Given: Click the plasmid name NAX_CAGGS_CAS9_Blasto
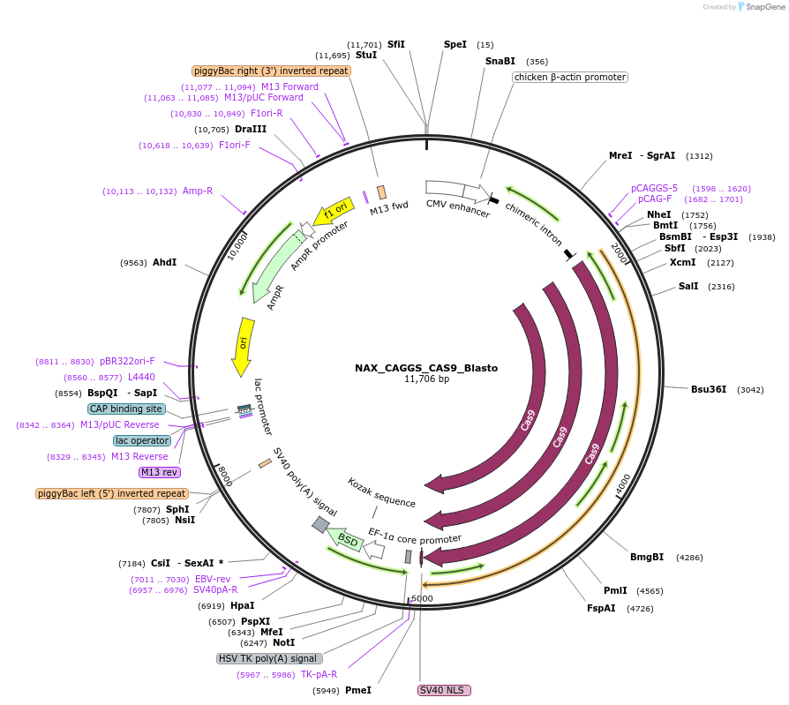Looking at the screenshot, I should pyautogui.click(x=426, y=368).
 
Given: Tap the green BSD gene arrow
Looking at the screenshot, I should pyautogui.click(x=345, y=539).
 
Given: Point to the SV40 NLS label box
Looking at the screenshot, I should pyautogui.click(x=445, y=690).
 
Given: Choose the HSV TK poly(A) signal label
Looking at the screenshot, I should pyautogui.click(x=269, y=658).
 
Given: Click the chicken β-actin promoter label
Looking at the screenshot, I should pyautogui.click(x=570, y=77).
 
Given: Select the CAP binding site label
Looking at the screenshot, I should pyautogui.click(x=126, y=409).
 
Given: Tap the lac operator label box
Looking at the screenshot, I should pyautogui.click(x=141, y=440).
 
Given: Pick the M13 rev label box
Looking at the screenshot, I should pyautogui.click(x=159, y=472).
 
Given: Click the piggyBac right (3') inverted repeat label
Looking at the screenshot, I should pyautogui.click(x=272, y=71).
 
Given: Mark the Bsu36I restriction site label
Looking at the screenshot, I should pyautogui.click(x=709, y=389).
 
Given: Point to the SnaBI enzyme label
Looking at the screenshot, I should pyautogui.click(x=500, y=61).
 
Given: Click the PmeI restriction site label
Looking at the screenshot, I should pyautogui.click(x=357, y=690).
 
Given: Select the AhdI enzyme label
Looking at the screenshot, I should pyautogui.click(x=165, y=262).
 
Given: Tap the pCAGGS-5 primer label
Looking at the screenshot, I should pyautogui.click(x=654, y=188).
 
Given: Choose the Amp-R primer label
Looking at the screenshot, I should pyautogui.click(x=198, y=191).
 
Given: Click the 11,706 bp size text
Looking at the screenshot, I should pyautogui.click(x=426, y=379).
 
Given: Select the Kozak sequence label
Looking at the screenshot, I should pyautogui.click(x=381, y=493).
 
